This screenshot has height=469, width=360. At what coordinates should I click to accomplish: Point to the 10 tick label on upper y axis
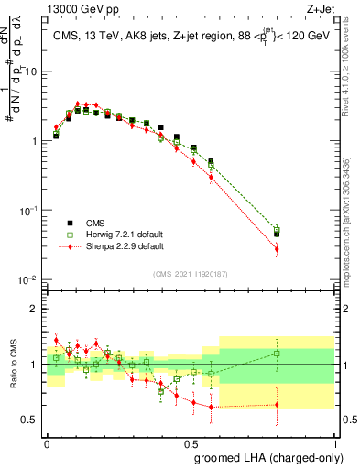pos(32,71)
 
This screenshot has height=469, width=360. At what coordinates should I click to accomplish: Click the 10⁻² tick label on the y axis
pos(29,279)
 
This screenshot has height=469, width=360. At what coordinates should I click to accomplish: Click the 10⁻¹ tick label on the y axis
pos(29,210)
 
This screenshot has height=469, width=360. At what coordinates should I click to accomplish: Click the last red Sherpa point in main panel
pos(277,248)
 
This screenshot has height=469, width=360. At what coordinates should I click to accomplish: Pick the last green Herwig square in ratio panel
pos(277,353)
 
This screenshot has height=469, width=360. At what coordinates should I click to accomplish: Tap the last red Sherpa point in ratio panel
pos(277,404)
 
